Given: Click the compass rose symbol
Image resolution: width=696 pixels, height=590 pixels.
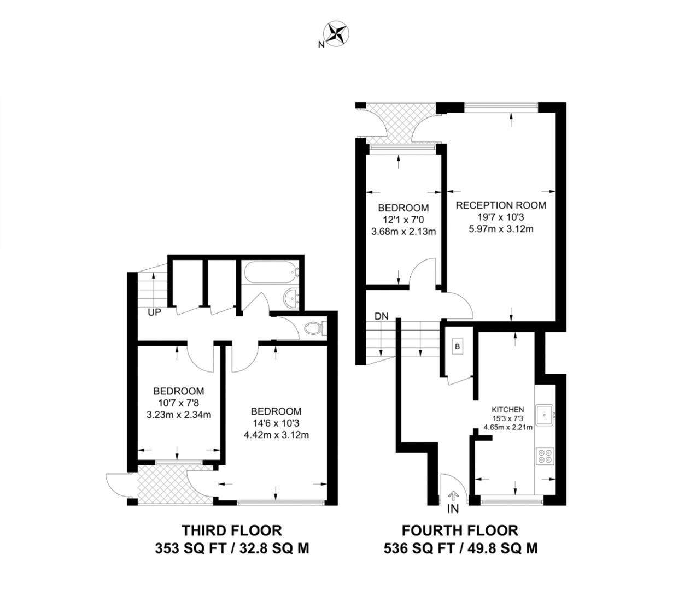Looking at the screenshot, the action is pyautogui.click(x=336, y=34).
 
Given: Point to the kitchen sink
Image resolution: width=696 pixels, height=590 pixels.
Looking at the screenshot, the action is pyautogui.click(x=545, y=415).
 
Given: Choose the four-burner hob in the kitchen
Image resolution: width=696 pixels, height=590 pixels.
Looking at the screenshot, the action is pyautogui.click(x=545, y=456).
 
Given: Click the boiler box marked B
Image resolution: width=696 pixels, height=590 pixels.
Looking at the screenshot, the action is pyautogui.click(x=457, y=346).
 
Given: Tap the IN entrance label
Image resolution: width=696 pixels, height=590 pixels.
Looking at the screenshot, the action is pyautogui.click(x=453, y=509).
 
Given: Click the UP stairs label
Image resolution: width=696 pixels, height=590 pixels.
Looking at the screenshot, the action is pyautogui.click(x=155, y=312).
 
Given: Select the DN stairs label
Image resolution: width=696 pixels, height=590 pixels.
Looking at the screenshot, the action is pyautogui.click(x=382, y=316).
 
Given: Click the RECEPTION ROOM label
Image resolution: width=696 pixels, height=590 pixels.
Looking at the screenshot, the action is pyautogui.click(x=501, y=205).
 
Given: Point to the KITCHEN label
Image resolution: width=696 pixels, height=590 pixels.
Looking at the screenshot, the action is pyautogui.click(x=508, y=409).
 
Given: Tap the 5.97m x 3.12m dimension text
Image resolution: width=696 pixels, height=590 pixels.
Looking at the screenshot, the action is pyautogui.click(x=501, y=229).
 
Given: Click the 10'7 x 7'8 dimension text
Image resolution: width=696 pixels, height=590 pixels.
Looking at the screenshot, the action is pyautogui.click(x=179, y=403).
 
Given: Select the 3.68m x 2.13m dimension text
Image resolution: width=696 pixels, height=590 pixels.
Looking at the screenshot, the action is pyautogui.click(x=403, y=232).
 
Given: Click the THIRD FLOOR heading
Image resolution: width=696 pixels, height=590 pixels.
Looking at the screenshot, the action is pyautogui.click(x=232, y=530).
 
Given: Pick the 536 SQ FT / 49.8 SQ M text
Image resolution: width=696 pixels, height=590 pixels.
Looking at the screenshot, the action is pyautogui.click(x=461, y=548).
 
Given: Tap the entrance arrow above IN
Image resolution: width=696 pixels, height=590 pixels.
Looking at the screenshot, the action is pyautogui.click(x=453, y=497).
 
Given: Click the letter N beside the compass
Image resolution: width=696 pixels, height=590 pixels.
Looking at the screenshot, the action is pyautogui.click(x=321, y=44).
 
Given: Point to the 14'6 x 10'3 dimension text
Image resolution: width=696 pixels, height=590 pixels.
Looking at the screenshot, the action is pyautogui.click(x=276, y=423).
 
